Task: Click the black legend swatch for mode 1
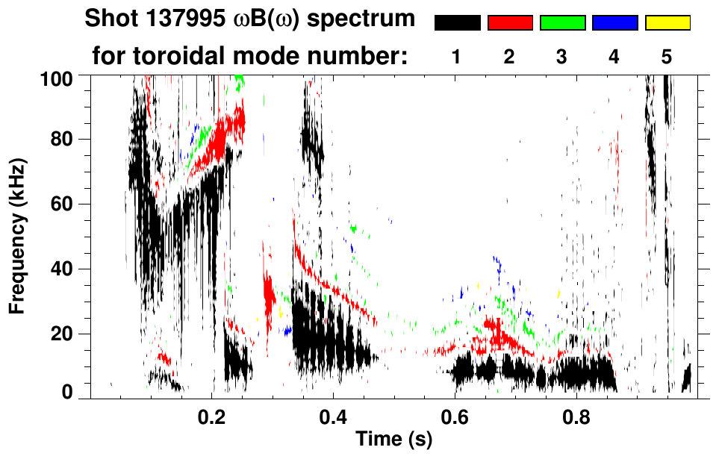pyautogui.click(x=457, y=23)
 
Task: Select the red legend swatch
pyautogui.click(x=510, y=23)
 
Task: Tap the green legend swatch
pyautogui.click(x=562, y=23)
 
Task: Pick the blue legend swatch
pyautogui.click(x=614, y=23)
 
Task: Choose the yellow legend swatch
pyautogui.click(x=667, y=23)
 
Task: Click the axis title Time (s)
pyautogui.click(x=393, y=441)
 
